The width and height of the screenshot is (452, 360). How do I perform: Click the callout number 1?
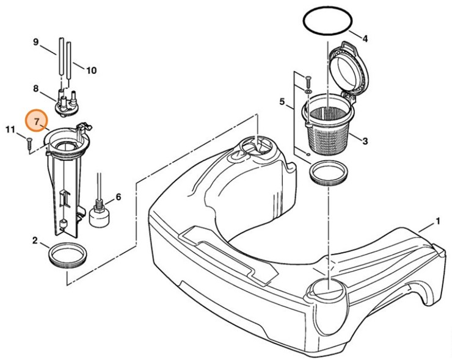(437, 220)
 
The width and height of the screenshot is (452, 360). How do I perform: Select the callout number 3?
(365, 142)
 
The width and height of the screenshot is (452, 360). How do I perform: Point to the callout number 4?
(365, 39)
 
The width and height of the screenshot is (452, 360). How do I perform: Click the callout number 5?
(283, 102)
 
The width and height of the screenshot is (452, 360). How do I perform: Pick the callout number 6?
(118, 196)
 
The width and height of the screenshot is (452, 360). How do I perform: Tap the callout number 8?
(36, 90)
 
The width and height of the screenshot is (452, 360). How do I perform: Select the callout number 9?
(36, 42)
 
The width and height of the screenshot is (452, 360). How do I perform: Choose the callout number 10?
(90, 70)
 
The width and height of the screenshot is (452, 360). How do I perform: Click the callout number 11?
(10, 129)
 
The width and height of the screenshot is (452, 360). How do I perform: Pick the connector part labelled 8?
(67, 101)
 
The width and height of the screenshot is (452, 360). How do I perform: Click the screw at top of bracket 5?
(307, 80)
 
